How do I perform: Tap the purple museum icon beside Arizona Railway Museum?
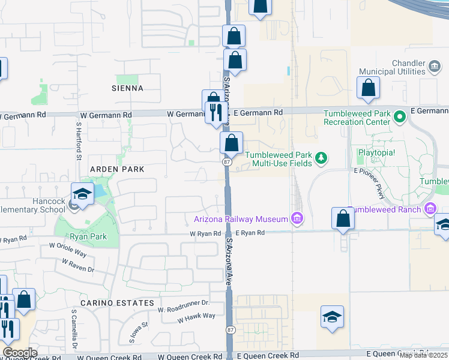point(297,219)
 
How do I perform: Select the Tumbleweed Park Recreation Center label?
point(357,118)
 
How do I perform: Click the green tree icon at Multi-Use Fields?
point(322,158)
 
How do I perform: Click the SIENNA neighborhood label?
point(127,88)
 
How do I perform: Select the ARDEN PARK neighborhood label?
point(117,169)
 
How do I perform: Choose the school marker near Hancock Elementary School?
point(82,194)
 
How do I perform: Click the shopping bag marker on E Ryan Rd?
point(343,219)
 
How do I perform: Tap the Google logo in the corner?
point(19,353)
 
